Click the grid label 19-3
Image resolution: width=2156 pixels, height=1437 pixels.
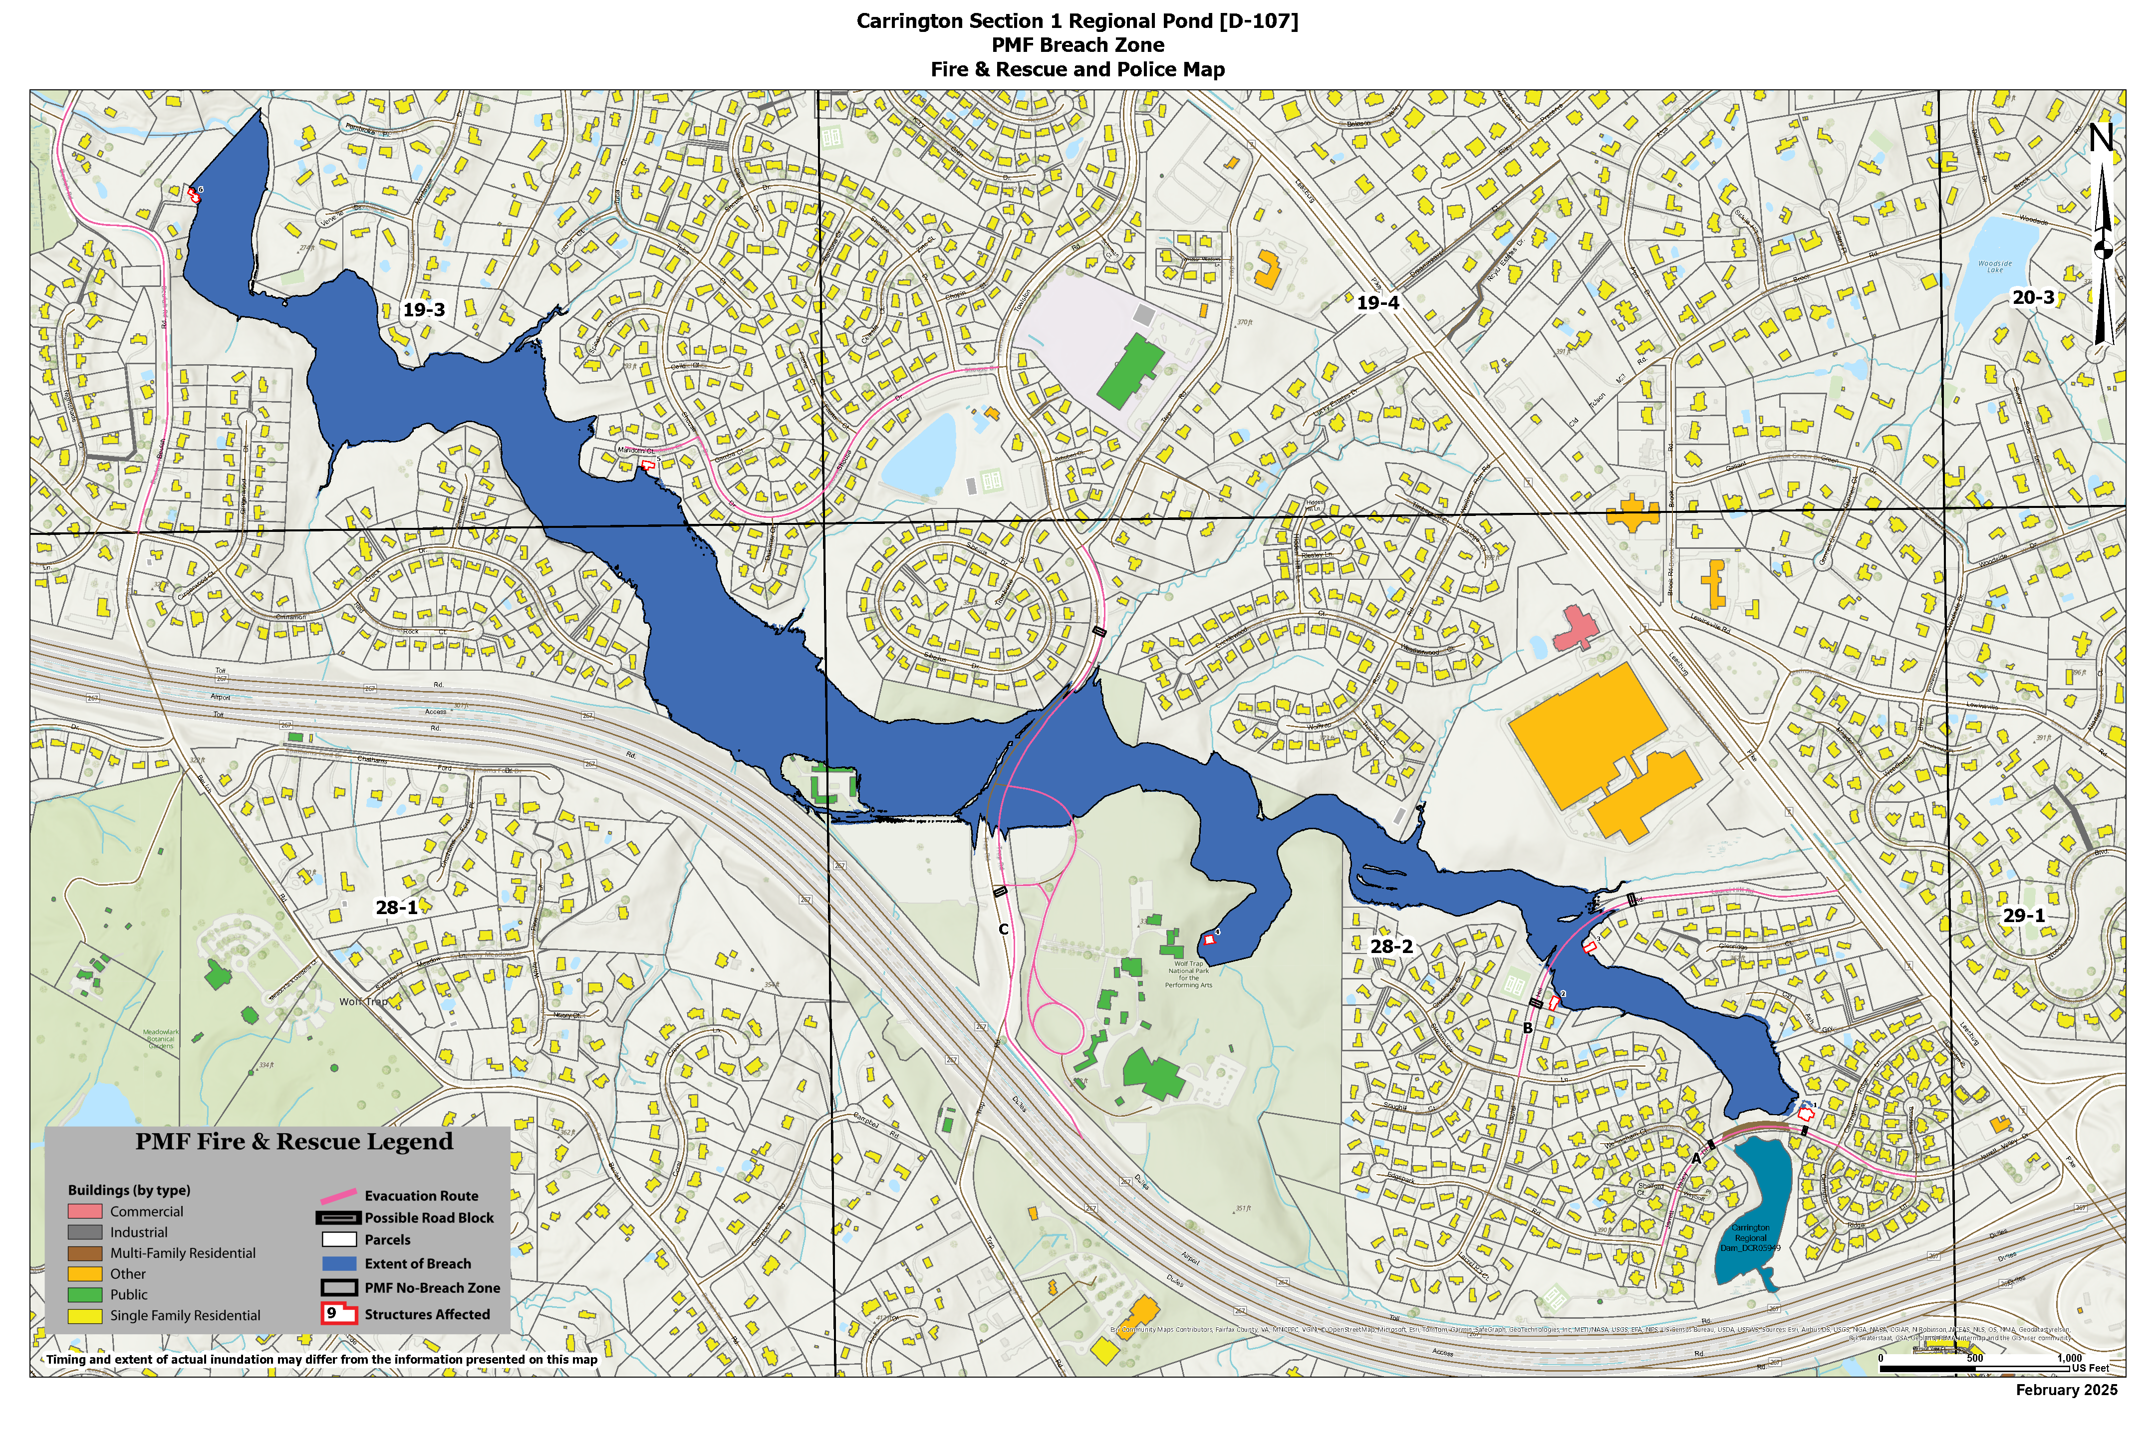424,310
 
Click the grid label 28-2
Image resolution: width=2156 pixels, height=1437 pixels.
1391,946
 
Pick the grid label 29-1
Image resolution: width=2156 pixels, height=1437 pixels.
2024,916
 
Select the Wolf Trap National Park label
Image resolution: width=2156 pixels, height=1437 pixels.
1188,974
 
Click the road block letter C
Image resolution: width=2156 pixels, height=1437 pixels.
1004,929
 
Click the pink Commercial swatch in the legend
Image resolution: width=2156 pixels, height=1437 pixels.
84,1211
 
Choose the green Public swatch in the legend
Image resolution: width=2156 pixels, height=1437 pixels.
84,1295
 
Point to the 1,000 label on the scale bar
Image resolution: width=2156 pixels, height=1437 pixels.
2069,1358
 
